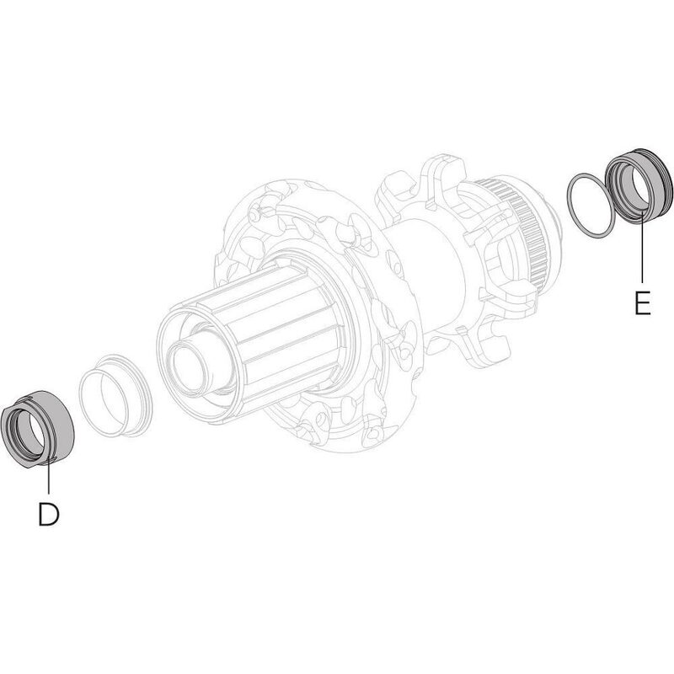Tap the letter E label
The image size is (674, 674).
coord(643,302)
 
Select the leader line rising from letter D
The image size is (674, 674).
coord(48,480)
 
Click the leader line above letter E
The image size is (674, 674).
coord(643,253)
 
